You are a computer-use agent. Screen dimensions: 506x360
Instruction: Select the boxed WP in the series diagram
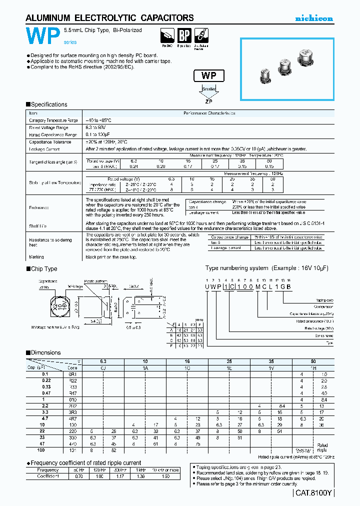pos(208,76)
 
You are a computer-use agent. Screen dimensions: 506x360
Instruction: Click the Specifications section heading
pos(48,104)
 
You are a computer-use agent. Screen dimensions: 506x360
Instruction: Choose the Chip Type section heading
pos(44,269)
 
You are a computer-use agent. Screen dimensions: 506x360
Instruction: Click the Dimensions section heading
pos(45,352)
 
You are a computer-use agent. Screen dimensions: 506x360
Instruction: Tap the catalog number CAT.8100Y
pos(313,493)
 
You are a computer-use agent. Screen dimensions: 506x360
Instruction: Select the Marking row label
pos(36,257)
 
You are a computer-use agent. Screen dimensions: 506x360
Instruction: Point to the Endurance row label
pos(39,206)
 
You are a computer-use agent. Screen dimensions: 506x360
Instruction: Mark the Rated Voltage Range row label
pos(49,127)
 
